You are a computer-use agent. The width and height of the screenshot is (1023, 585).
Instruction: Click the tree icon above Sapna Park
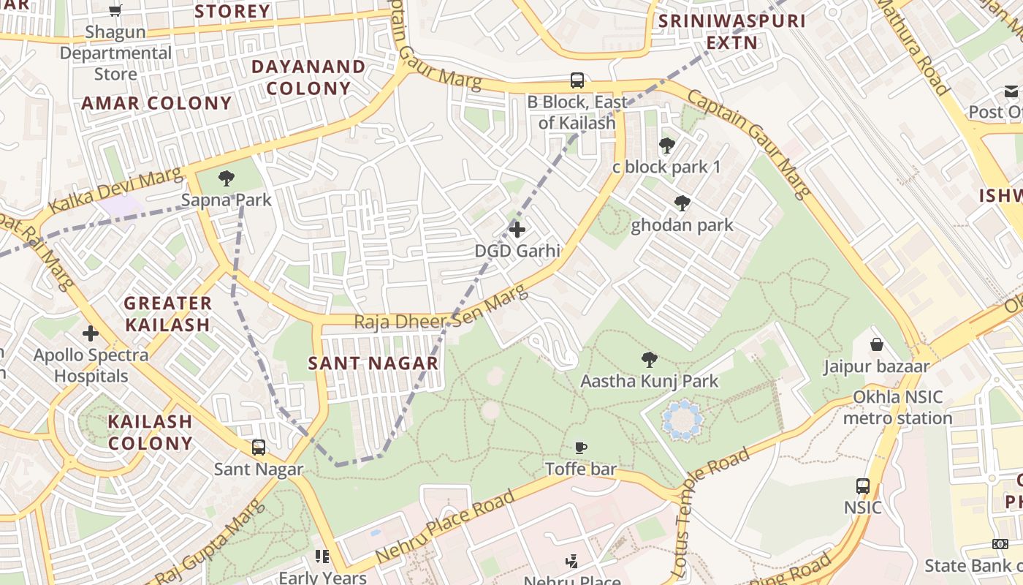(x=227, y=178)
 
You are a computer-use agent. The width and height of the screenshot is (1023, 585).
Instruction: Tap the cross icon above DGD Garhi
(x=517, y=230)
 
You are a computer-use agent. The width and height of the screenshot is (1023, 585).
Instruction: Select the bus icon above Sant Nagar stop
(x=258, y=448)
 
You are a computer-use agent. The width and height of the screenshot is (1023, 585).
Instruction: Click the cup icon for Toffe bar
(x=581, y=448)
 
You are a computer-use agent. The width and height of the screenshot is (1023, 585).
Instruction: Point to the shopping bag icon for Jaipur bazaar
(x=876, y=344)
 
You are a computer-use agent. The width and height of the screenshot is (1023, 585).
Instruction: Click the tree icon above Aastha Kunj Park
(x=649, y=359)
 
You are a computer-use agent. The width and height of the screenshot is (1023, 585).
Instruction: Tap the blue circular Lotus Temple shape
(x=682, y=420)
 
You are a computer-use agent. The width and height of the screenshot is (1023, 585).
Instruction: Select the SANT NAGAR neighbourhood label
(x=373, y=363)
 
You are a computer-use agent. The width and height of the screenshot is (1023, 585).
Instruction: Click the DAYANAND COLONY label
(x=308, y=78)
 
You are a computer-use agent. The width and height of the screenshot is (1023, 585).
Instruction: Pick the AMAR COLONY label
(x=156, y=103)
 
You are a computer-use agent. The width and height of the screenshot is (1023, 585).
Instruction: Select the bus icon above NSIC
(x=863, y=486)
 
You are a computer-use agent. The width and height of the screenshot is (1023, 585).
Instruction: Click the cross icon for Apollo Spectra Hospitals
(x=91, y=333)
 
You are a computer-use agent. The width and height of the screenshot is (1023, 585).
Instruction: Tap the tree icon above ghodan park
(x=682, y=203)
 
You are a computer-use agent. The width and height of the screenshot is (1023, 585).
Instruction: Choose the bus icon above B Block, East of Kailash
(x=577, y=80)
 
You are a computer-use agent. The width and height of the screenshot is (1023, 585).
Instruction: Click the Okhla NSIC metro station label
(x=898, y=408)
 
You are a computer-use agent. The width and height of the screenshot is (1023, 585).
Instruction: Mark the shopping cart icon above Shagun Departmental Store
(x=115, y=10)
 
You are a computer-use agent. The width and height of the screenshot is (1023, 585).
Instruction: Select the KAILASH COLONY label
(x=151, y=432)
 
